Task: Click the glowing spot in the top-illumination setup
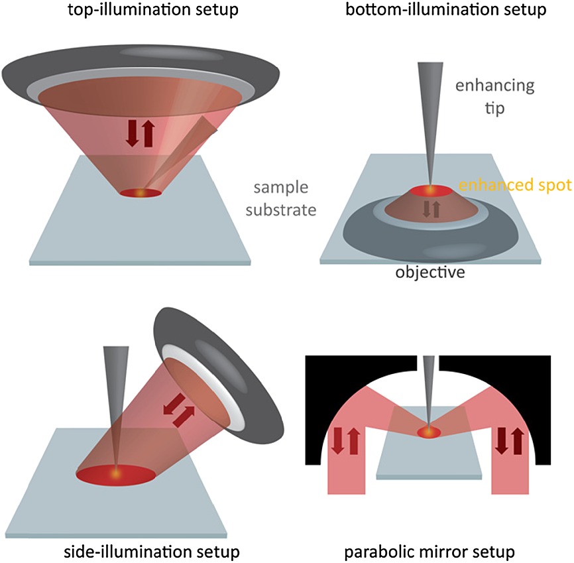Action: (140, 193)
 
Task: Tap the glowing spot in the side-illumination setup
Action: (117, 475)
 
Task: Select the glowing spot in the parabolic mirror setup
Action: (429, 432)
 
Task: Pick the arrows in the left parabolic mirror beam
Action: (345, 440)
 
